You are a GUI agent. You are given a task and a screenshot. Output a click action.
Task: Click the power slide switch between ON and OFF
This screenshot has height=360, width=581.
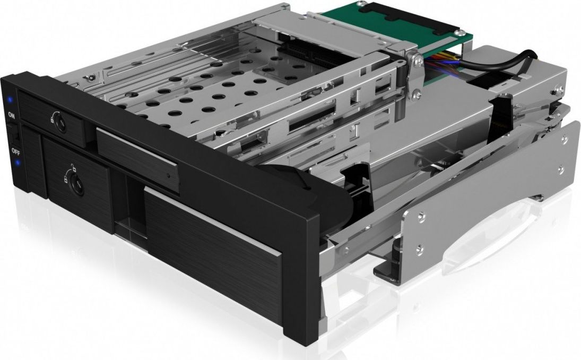(15, 133)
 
